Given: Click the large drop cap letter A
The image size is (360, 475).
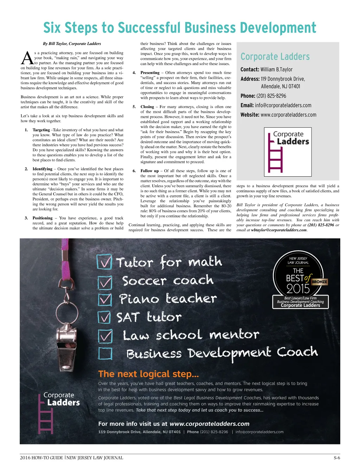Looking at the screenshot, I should (27, 58).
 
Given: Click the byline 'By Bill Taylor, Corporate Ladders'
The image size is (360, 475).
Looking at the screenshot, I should (72, 44).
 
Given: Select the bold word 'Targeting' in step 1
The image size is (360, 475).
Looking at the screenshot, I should (41, 130).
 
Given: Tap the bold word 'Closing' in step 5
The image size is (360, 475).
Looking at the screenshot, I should (147, 107).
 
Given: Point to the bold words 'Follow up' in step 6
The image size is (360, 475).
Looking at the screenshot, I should (150, 171).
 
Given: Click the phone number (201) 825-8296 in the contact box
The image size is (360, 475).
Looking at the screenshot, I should (271, 96).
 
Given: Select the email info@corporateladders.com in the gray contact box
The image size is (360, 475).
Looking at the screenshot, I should (283, 105).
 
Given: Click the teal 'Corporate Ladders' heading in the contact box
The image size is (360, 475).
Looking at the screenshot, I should (275, 57).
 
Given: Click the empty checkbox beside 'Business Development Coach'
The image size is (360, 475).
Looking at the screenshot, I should (105, 353).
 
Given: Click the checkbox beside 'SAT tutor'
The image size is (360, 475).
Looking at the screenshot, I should (104, 317).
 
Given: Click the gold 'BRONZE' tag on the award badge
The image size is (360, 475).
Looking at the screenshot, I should (319, 282).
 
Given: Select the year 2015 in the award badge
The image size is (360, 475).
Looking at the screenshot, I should (298, 289).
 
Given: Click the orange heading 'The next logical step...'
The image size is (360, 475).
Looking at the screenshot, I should (148, 374).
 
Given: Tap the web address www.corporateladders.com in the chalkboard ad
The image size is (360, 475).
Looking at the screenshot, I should (210, 424).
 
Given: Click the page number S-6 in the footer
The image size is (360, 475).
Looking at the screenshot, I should (336, 458).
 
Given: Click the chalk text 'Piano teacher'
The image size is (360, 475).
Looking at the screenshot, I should (168, 299).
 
